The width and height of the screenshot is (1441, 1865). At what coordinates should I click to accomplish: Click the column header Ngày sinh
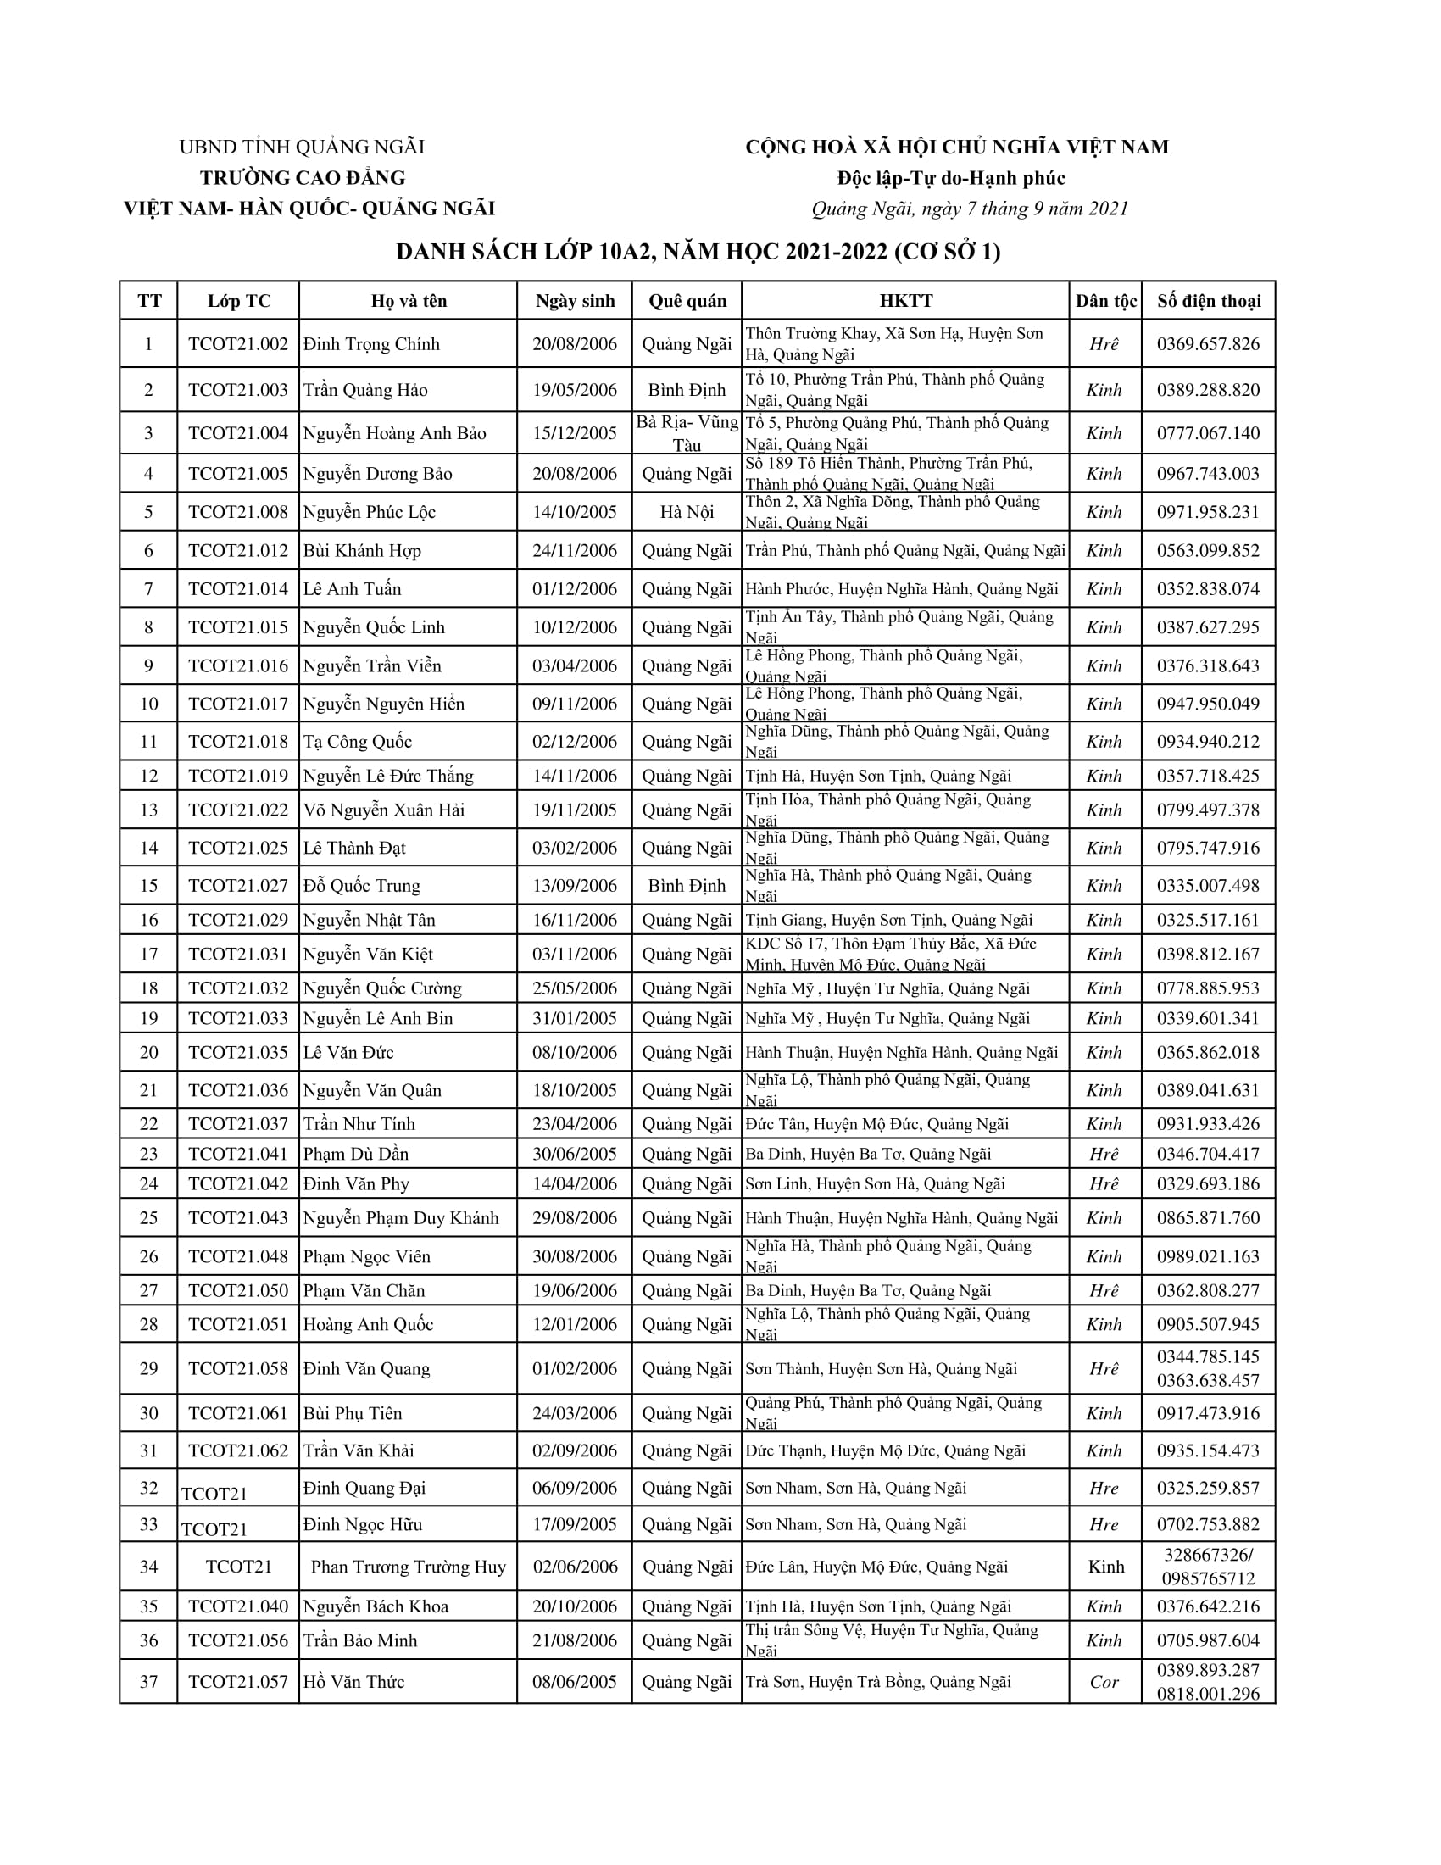click(x=575, y=301)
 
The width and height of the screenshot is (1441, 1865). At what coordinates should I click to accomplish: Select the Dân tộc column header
click(x=1105, y=301)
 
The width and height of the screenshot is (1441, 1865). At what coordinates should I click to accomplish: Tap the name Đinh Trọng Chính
click(x=371, y=344)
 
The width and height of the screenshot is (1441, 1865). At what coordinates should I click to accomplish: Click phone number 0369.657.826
click(x=1208, y=344)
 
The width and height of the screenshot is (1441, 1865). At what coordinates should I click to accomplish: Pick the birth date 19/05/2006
click(x=575, y=390)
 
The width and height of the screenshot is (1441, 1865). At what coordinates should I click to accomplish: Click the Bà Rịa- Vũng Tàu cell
click(x=687, y=433)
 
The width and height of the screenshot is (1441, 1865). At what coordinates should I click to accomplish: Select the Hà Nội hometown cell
click(x=687, y=512)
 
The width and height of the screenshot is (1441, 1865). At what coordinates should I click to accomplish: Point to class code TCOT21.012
click(x=238, y=551)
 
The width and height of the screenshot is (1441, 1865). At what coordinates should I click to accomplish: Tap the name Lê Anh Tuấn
click(x=352, y=589)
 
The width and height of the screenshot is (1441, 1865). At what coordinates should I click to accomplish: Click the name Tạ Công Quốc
click(x=357, y=742)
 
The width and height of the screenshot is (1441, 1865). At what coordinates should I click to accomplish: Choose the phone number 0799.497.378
click(x=1208, y=810)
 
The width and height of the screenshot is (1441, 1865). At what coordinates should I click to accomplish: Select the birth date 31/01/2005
click(x=575, y=1019)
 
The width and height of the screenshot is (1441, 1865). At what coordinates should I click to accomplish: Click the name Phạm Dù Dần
click(x=356, y=1155)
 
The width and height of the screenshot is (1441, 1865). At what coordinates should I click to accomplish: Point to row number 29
click(x=148, y=1369)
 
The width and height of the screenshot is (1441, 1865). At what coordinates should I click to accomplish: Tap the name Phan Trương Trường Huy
click(x=408, y=1567)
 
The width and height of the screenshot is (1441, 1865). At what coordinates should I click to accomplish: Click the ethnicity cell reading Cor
click(x=1104, y=1682)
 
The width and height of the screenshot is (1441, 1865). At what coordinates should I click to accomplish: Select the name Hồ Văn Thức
click(x=353, y=1682)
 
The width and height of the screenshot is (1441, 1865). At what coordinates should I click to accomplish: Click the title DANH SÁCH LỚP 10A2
click(x=698, y=252)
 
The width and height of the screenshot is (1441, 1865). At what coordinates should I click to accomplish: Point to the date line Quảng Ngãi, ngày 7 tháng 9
click(x=969, y=209)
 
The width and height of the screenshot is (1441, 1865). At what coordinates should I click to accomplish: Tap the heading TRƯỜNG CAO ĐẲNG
click(x=303, y=178)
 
